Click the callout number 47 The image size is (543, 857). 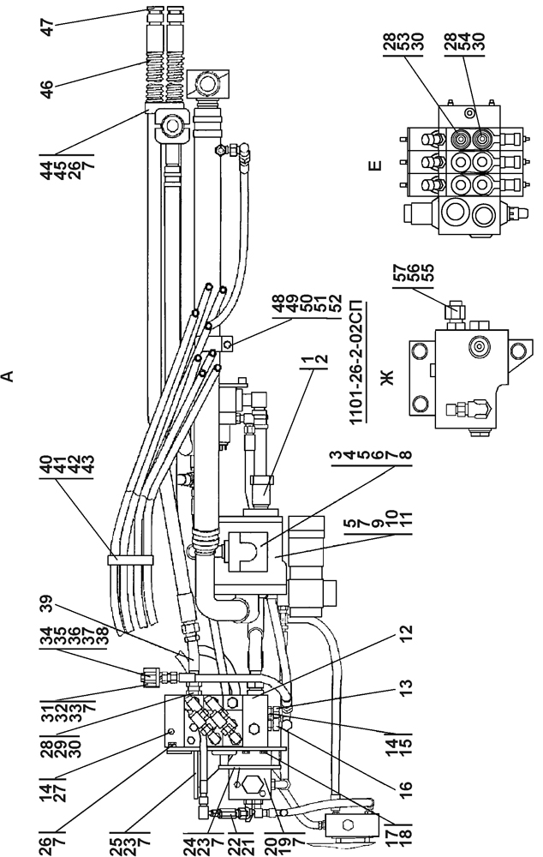[x=47, y=27]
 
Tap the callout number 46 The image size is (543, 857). [x=47, y=89]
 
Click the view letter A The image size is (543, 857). [x=8, y=375]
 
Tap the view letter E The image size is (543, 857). [x=376, y=165]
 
